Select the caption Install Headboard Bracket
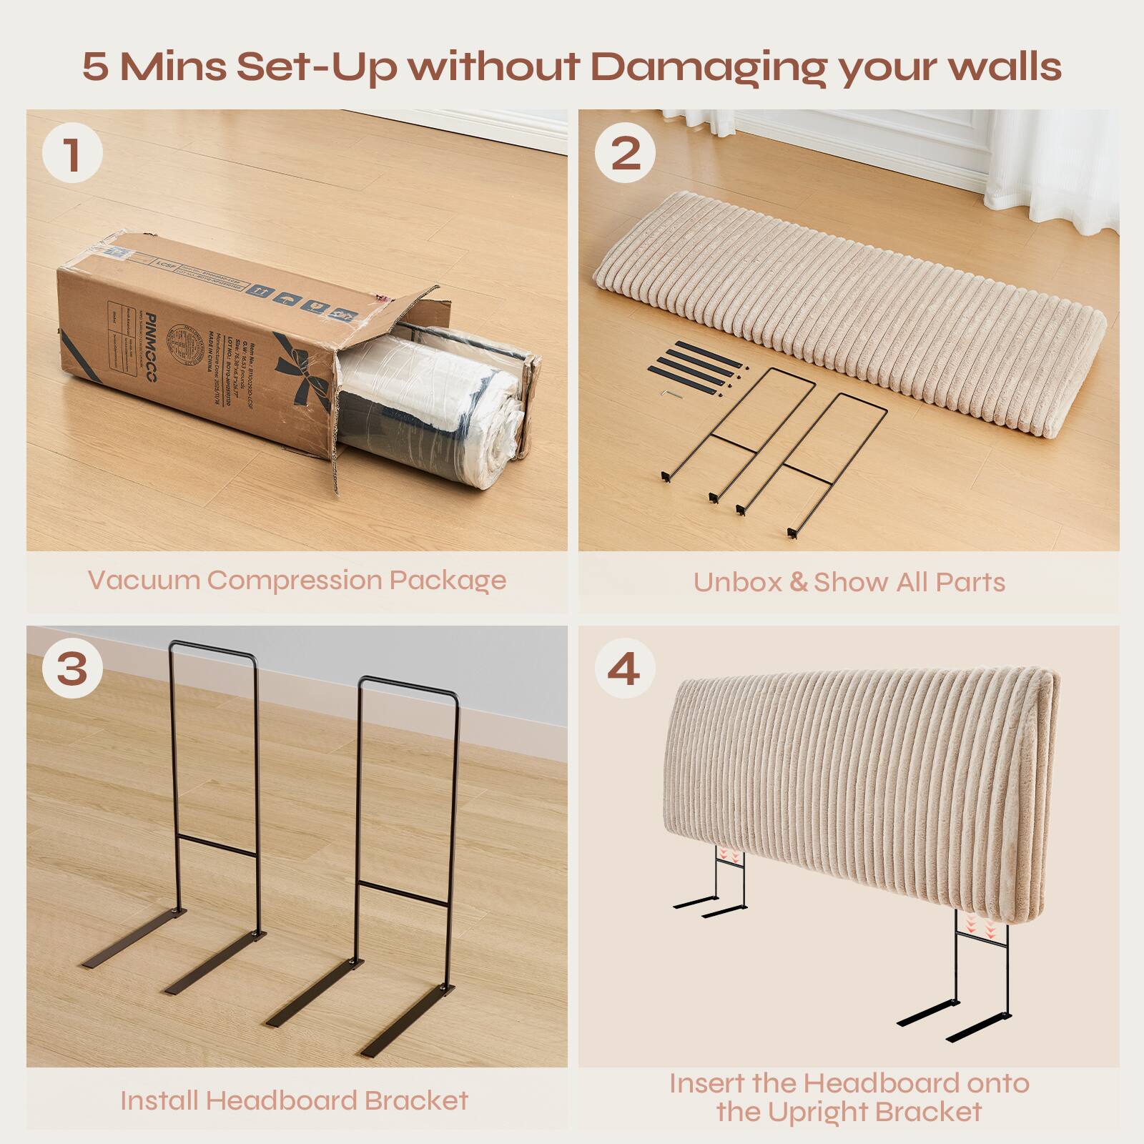point(294,1100)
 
